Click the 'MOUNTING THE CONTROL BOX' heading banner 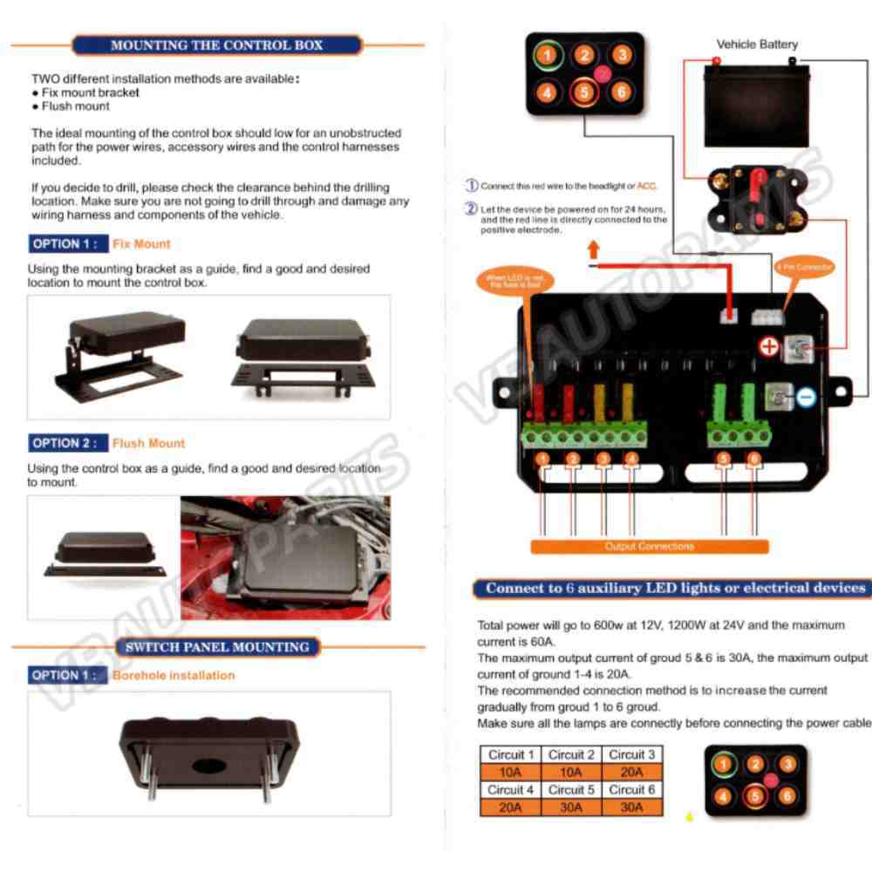[x=217, y=45]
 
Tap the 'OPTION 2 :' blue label [x=66, y=443]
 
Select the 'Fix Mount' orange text [x=141, y=244]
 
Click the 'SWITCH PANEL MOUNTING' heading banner [x=217, y=647]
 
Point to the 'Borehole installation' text [x=173, y=676]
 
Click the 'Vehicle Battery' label [x=756, y=44]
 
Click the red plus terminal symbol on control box [x=768, y=347]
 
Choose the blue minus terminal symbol [x=806, y=398]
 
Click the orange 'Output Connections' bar [x=649, y=547]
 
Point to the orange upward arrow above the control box [x=594, y=249]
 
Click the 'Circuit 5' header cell [x=571, y=790]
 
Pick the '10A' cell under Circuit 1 [x=510, y=772]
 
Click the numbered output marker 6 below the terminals [x=753, y=459]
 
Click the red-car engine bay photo [x=285, y=558]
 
